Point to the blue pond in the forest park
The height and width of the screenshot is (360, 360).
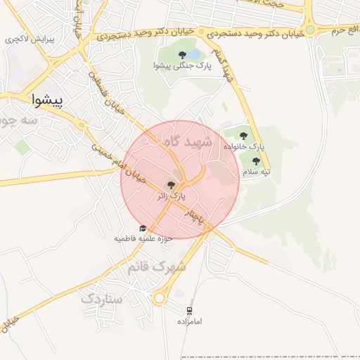pos(194,53)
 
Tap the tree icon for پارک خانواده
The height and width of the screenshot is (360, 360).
pos(243,136)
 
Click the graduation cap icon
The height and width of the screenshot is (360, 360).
pos(143,229)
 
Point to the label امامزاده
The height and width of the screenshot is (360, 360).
pos(189,321)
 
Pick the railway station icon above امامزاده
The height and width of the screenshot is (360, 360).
pos(189,310)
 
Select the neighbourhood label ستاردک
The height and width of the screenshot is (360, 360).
pos(102,299)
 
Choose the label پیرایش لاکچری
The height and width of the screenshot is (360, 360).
pos(31,40)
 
